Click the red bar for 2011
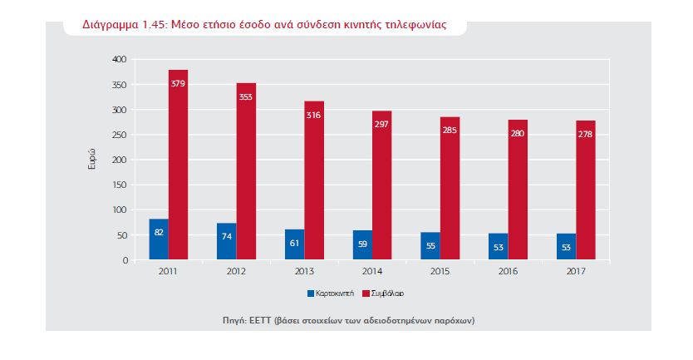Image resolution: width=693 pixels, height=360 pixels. (178, 165)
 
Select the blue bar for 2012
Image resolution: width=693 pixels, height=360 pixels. (226, 241)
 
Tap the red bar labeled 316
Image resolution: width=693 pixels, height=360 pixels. (314, 180)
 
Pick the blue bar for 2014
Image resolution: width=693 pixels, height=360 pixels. (362, 245)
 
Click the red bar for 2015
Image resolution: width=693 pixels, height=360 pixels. (450, 188)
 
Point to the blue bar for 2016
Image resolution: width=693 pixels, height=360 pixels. (498, 246)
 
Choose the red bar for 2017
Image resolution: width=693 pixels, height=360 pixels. (586, 190)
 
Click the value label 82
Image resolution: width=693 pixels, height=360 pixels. (159, 232)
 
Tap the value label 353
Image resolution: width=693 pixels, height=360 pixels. (246, 96)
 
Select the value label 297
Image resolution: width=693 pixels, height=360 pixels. (381, 124)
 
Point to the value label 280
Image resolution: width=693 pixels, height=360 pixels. (518, 134)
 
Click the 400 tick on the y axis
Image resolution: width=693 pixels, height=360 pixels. (120, 59)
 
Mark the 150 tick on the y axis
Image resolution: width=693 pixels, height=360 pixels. (120, 185)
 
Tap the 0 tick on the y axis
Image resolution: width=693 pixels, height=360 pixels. (125, 260)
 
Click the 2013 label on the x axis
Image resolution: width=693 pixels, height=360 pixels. (304, 271)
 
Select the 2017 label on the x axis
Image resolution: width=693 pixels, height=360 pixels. (576, 271)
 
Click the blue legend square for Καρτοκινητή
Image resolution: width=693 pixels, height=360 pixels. (311, 293)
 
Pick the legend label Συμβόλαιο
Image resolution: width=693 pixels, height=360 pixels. (387, 293)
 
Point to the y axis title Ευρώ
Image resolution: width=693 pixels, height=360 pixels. (92, 160)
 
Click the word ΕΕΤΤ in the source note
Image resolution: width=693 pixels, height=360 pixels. (259, 320)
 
